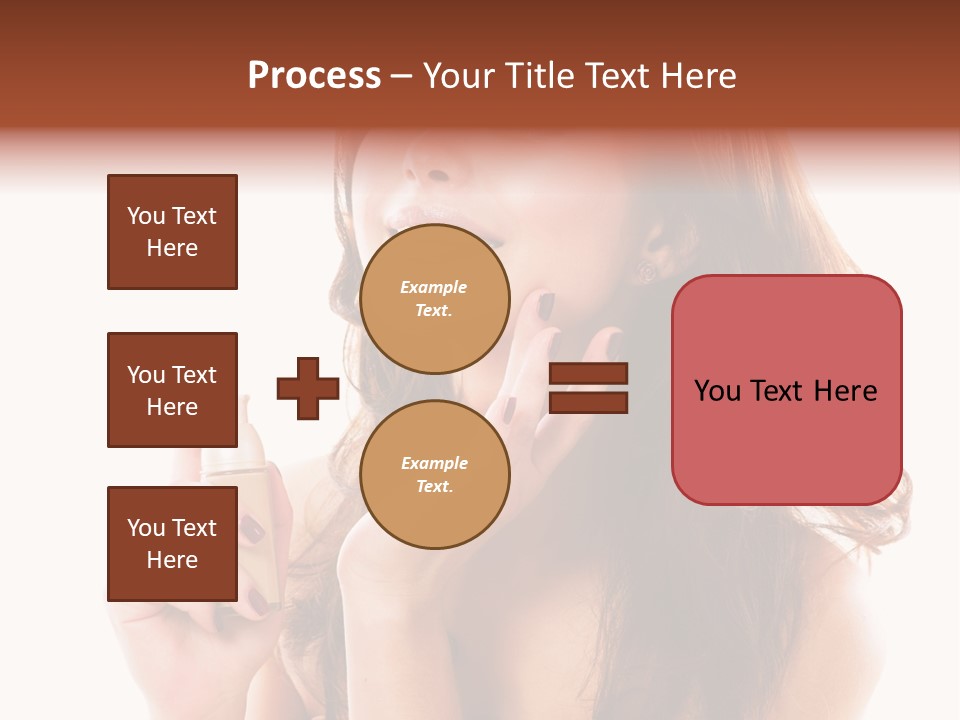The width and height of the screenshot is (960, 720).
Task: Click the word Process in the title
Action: click(314, 76)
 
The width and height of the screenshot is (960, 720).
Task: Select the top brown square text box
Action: click(172, 232)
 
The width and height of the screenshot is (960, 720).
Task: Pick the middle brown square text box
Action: click(172, 390)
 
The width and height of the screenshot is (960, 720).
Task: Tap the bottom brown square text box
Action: click(172, 544)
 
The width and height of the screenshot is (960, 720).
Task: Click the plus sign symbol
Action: click(308, 388)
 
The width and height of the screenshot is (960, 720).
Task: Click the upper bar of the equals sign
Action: click(589, 373)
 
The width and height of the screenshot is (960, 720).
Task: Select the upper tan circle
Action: click(435, 299)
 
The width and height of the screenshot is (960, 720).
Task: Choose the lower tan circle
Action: click(435, 475)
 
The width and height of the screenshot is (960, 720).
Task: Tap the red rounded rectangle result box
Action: click(786, 390)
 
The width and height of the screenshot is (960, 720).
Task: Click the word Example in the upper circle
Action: click(434, 287)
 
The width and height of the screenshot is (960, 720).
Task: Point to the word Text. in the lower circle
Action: click(435, 487)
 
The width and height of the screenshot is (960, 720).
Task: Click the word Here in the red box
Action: click(845, 391)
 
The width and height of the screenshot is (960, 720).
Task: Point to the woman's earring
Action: click(646, 269)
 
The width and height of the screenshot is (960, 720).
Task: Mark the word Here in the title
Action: click(696, 76)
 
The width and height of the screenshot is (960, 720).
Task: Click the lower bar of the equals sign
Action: click(589, 402)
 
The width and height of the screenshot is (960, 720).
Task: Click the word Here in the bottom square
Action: click(172, 560)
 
